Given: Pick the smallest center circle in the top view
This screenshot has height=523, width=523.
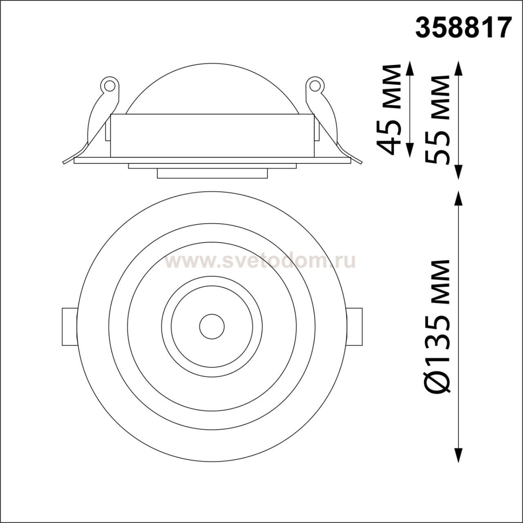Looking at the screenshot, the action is coord(212,326).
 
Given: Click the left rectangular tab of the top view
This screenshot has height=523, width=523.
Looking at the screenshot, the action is coord(69,326).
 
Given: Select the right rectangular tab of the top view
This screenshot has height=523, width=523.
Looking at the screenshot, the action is coord(355,326).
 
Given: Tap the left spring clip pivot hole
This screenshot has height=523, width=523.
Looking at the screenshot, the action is coord(110,85).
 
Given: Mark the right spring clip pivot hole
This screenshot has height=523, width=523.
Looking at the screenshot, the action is coord(315,85).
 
